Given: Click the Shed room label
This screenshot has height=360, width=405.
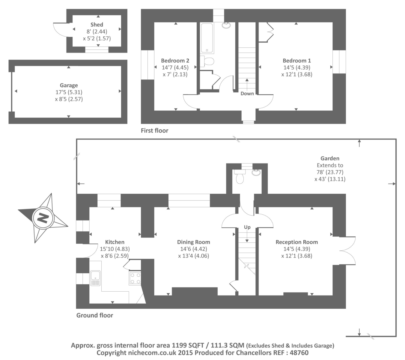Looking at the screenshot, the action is [x=97, y=25].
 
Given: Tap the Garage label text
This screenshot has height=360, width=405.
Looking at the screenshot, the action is [x=69, y=85].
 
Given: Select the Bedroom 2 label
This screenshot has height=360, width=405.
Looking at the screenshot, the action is [x=175, y=61].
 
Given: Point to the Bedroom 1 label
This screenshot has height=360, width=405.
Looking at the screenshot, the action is [x=296, y=61].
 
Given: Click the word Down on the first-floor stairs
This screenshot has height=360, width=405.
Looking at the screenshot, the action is [x=247, y=94].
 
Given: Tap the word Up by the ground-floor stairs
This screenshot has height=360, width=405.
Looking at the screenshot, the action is [x=247, y=227].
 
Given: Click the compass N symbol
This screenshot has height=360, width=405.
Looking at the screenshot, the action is [x=43, y=217].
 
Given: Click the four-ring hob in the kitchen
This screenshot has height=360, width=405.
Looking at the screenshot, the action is [x=135, y=278].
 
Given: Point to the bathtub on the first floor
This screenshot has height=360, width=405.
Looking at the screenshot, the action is [x=207, y=38].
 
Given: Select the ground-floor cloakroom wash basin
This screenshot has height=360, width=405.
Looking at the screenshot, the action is [x=256, y=172].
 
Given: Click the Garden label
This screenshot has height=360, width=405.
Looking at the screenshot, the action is [x=330, y=158].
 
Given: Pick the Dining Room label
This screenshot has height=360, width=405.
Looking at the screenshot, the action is [x=193, y=242].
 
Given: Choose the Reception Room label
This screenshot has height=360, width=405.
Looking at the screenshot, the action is [x=296, y=242].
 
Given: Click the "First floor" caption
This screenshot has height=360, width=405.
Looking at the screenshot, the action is [x=154, y=130].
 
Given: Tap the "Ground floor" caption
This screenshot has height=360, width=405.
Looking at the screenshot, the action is [x=94, y=315].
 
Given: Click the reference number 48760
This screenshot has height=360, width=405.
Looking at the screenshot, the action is [x=299, y=353].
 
